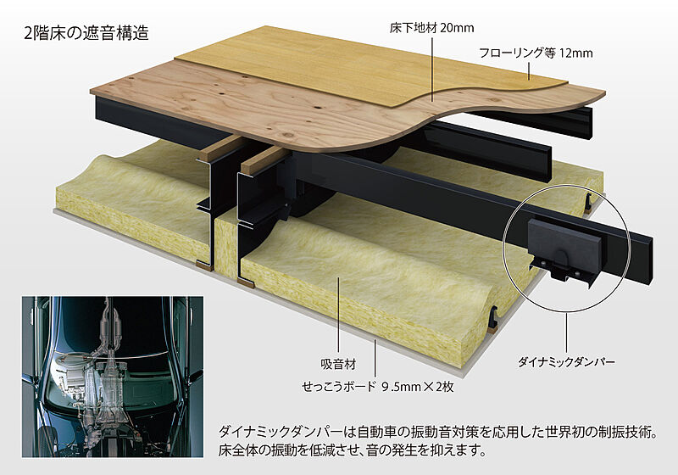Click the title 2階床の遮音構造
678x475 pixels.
[x=86, y=33]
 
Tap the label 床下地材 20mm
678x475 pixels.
[x=431, y=28]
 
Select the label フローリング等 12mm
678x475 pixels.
[x=536, y=53]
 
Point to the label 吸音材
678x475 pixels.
[x=338, y=364]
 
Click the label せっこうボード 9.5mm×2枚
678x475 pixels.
[x=378, y=386]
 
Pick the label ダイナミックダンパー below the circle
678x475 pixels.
[x=566, y=362]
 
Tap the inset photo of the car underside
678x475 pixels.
[x=113, y=377]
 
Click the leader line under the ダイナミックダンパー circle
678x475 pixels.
[x=566, y=332]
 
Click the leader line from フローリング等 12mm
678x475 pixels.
[x=529, y=71]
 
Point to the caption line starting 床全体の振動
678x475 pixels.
[x=353, y=450]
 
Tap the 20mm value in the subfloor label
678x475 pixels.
[x=457, y=28]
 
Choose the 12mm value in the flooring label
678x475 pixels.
[x=576, y=53]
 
